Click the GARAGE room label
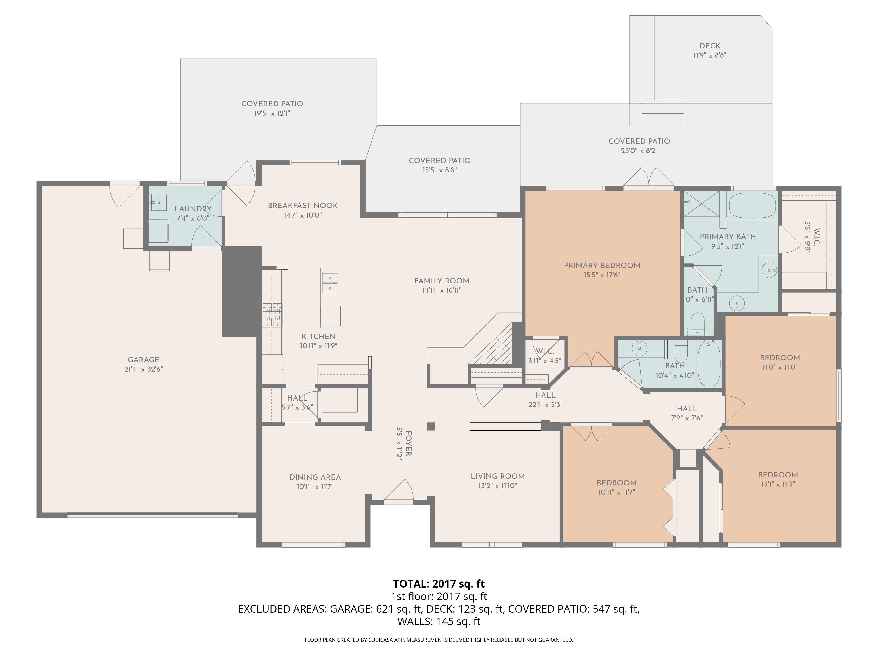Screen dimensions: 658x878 [143, 360]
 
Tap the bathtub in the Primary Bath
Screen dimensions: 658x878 [753, 206]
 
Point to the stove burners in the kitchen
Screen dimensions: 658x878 [273, 314]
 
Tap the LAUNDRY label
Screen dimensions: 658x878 [193, 209]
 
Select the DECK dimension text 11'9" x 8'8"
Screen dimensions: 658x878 [710, 55]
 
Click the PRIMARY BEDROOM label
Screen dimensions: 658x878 [602, 265]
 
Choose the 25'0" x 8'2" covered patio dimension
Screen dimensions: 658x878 [639, 151]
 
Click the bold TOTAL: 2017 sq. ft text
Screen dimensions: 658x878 [439, 584]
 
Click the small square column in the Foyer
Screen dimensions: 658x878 [431, 426]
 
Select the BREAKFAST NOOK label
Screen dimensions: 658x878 [302, 206]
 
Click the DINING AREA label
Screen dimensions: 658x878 [315, 477]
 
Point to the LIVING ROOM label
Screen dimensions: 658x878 [497, 476]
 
